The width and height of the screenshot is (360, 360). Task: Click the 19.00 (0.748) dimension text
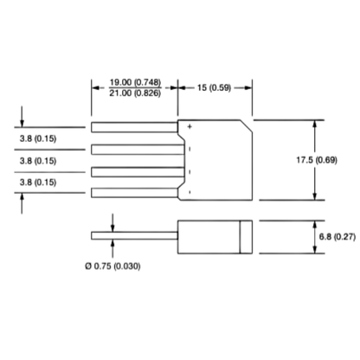tap(135, 82)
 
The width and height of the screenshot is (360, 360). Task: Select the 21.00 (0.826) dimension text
tap(135, 93)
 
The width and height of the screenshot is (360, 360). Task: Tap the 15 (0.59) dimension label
tap(214, 87)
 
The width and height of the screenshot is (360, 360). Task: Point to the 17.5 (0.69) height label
tap(317, 160)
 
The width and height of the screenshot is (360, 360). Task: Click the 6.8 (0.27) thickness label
tap(337, 237)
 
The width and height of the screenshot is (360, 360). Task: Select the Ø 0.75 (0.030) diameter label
tap(112, 266)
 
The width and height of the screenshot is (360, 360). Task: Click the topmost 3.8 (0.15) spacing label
tap(38, 138)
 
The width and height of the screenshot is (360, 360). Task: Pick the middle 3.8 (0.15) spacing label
tap(38, 161)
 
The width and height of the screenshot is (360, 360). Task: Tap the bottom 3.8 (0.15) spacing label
tap(38, 183)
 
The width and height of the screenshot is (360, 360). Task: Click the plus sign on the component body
tap(190, 126)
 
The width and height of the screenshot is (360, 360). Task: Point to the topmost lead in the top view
tap(134, 127)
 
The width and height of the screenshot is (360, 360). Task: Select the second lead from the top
tap(138, 150)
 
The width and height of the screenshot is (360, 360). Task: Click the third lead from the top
tap(138, 172)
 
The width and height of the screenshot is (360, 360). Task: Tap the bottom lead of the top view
tap(134, 193)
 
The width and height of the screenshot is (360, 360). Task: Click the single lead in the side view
tap(134, 235)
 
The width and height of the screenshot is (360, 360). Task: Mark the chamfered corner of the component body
tap(246, 126)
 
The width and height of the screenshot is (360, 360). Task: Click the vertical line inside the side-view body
tap(240, 237)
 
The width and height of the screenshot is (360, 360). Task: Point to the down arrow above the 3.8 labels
tap(22, 117)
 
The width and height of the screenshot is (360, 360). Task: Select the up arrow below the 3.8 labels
tap(22, 203)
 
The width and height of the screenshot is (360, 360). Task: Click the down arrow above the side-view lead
tap(112, 222)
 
